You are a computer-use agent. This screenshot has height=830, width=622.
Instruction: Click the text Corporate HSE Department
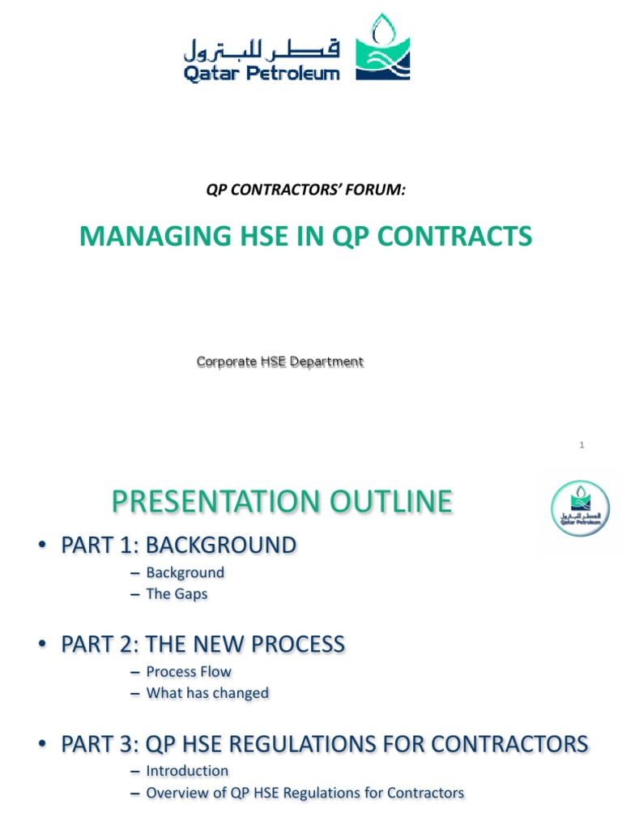click(280, 362)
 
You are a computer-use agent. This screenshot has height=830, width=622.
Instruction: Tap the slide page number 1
click(582, 444)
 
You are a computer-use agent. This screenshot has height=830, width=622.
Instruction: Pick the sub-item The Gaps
click(177, 593)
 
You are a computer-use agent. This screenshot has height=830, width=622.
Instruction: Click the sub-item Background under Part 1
click(185, 572)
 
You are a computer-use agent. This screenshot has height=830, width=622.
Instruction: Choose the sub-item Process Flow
click(189, 671)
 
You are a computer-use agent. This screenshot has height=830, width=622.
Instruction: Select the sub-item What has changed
click(207, 692)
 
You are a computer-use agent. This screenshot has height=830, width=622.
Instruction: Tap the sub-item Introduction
click(187, 770)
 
